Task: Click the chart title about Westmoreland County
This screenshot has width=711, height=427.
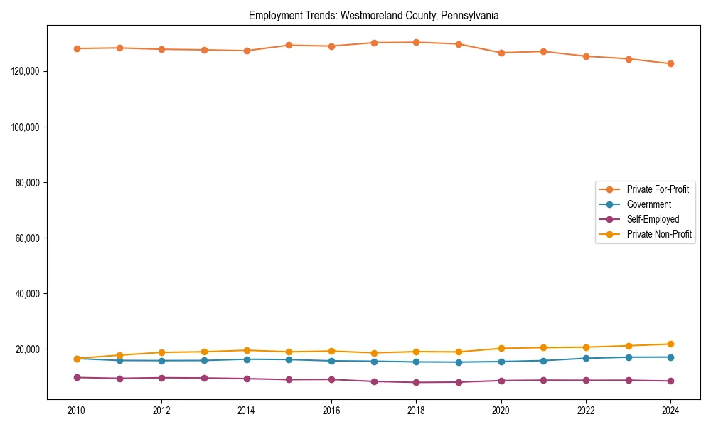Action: pyautogui.click(x=373, y=15)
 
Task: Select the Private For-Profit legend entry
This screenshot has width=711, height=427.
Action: pyautogui.click(x=657, y=189)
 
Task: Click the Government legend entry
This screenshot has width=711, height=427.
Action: pyautogui.click(x=648, y=204)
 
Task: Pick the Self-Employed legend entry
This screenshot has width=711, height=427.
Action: pyautogui.click(x=653, y=219)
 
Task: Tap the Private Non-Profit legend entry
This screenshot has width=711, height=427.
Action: pyautogui.click(x=659, y=234)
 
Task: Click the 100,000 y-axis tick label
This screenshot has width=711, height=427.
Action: pyautogui.click(x=28, y=127)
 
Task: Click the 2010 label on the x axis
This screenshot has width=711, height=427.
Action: pyautogui.click(x=77, y=410)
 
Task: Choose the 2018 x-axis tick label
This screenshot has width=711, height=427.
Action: pyautogui.click(x=416, y=410)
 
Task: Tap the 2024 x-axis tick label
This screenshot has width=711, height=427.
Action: pyautogui.click(x=670, y=410)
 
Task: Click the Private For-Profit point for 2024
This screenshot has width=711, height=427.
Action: pyautogui.click(x=670, y=64)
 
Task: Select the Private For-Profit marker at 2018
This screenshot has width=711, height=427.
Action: pyautogui.click(x=416, y=42)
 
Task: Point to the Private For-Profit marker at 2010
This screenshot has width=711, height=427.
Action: pyautogui.click(x=77, y=48)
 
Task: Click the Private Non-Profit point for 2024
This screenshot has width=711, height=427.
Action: pyautogui.click(x=670, y=344)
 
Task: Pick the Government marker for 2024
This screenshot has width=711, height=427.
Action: pyautogui.click(x=670, y=357)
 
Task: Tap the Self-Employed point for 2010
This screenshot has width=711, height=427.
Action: pyautogui.click(x=77, y=377)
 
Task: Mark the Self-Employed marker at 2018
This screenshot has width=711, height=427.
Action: pyautogui.click(x=416, y=382)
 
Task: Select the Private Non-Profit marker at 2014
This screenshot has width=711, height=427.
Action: pyautogui.click(x=247, y=350)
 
